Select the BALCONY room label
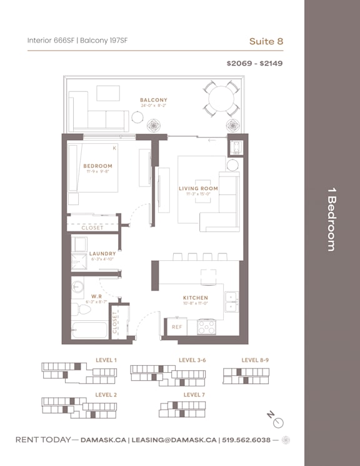(x=153, y=100)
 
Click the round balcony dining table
(x=221, y=98)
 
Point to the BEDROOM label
(x=97, y=166)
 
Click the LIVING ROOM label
(x=198, y=188)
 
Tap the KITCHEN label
(x=195, y=298)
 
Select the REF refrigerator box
(x=177, y=327)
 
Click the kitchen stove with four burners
(x=206, y=327)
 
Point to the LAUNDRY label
(x=102, y=253)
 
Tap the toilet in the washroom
(x=78, y=310)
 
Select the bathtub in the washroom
(x=89, y=330)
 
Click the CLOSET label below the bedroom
(x=92, y=228)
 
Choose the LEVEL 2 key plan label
(x=106, y=395)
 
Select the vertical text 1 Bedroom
(x=331, y=219)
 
